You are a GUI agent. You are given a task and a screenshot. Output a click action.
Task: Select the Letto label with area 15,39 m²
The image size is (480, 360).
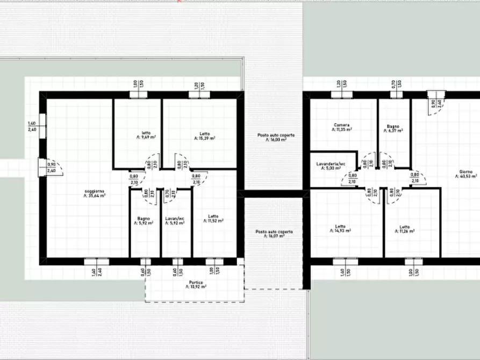204,134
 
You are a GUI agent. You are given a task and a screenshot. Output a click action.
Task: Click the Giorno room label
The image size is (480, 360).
465,172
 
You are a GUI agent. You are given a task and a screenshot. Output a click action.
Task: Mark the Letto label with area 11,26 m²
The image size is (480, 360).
404,227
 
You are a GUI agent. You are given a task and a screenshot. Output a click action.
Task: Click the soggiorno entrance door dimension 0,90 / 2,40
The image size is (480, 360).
51,168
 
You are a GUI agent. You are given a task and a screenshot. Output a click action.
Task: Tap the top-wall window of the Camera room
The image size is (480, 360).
341,95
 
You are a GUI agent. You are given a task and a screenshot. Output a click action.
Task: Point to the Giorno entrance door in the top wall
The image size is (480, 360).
432,95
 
